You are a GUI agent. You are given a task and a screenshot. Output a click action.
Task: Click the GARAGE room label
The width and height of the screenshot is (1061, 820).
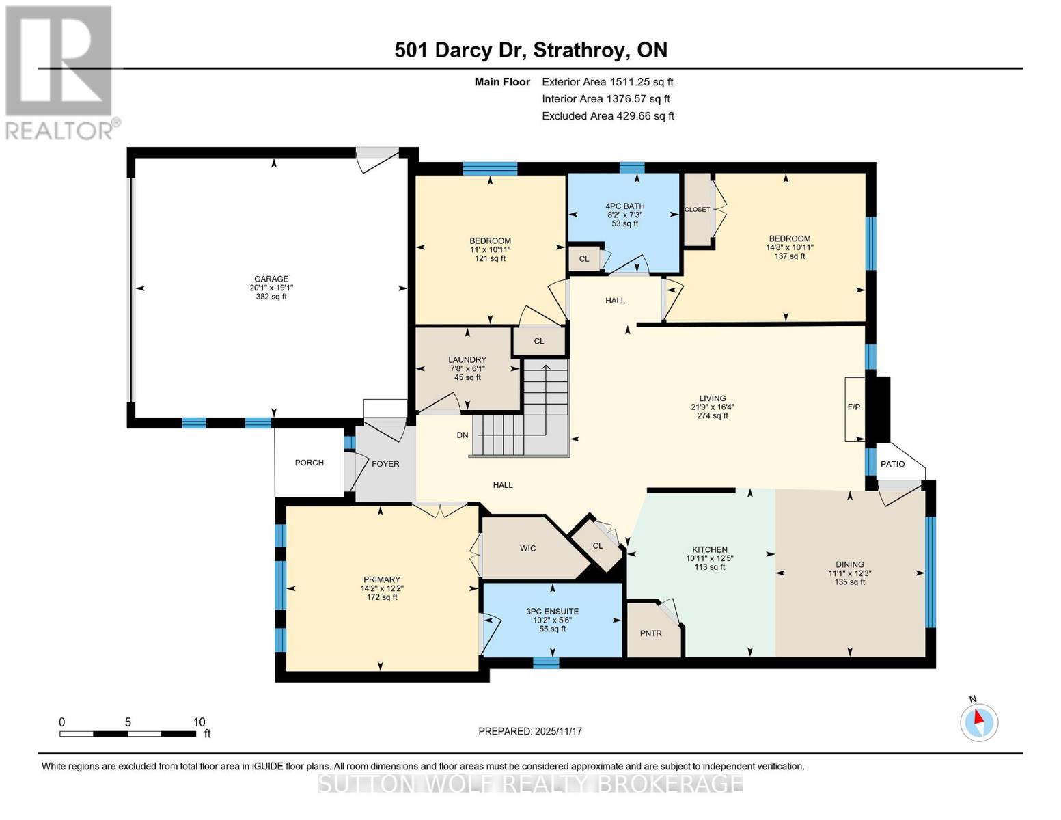[271, 279]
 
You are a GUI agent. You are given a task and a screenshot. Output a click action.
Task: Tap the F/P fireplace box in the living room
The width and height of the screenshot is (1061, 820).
[854, 407]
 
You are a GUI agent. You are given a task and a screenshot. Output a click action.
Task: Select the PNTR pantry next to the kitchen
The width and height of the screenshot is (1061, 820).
[650, 633]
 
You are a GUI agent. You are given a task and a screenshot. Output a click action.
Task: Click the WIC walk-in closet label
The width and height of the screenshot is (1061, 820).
[527, 548]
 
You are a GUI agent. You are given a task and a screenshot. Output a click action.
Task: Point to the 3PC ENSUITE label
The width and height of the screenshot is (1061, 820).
[552, 612]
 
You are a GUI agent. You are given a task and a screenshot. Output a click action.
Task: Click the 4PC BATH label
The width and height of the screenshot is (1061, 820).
[624, 206]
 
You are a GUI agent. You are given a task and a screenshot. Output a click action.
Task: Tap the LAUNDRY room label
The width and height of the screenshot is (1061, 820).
[467, 359]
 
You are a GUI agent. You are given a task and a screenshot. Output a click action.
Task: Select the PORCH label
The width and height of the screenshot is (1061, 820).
[309, 463]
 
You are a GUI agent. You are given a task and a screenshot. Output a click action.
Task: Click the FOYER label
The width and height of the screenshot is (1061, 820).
[385, 464]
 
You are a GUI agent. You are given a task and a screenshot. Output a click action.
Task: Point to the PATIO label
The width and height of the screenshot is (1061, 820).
[892, 464]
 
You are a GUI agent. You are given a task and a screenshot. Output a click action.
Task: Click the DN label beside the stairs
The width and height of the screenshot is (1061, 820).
[463, 435]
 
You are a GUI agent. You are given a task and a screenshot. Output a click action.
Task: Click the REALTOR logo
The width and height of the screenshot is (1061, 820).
[60, 72]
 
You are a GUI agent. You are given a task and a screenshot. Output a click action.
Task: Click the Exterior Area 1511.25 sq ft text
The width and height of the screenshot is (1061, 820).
[607, 82]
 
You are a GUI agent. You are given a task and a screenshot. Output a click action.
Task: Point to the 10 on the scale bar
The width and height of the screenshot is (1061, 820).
[199, 722]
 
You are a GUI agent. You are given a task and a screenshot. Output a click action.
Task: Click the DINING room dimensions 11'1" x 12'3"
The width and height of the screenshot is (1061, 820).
[849, 573]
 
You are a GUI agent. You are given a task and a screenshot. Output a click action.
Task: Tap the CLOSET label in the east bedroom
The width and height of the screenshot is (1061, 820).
[697, 210]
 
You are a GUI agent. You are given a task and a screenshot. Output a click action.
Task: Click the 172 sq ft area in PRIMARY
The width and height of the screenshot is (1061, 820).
[381, 597]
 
